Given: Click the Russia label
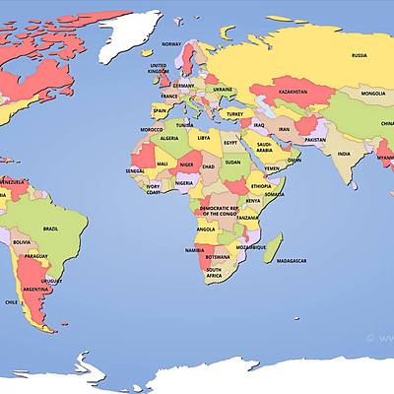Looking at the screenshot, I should pyautogui.click(x=359, y=55).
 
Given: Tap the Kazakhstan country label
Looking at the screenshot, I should pyautogui.click(x=293, y=90).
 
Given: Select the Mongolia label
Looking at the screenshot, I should pyautogui.click(x=373, y=95).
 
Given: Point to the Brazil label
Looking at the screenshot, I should pyautogui.click(x=50, y=228).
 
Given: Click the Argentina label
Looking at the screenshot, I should pyautogui.click(x=35, y=290).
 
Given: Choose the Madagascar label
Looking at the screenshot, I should pyautogui.click(x=292, y=261).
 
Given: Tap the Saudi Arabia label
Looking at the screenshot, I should pyautogui.click(x=264, y=148).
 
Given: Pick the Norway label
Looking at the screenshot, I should pyautogui.click(x=171, y=44).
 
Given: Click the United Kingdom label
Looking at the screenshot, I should pyautogui.click(x=158, y=68).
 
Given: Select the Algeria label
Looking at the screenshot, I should pyautogui.click(x=169, y=139).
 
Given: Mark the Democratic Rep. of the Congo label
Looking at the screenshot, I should pyautogui.click(x=219, y=211).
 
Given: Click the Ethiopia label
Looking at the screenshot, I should pyautogui.click(x=260, y=186).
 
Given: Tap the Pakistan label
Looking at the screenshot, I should pyautogui.click(x=314, y=140).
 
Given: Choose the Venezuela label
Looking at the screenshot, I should pyautogui.click(x=12, y=183).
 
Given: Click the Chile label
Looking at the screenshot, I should pyautogui.click(x=12, y=301).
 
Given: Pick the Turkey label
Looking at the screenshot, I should pyautogui.click(x=234, y=113).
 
